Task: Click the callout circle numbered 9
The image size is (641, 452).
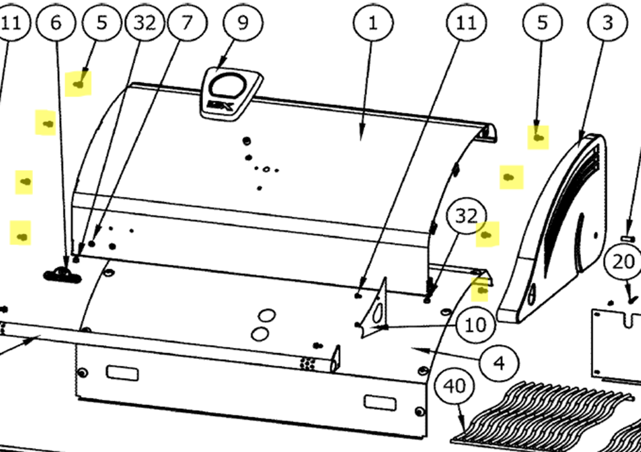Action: (243, 23)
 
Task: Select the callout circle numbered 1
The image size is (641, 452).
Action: (373, 23)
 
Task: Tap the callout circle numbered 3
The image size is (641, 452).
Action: (607, 23)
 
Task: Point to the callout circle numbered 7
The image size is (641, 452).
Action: (187, 23)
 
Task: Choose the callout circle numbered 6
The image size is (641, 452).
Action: (56, 23)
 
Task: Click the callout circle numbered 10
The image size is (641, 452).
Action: (476, 325)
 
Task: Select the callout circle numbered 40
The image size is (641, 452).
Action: (454, 386)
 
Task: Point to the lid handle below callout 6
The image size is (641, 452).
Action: (63, 276)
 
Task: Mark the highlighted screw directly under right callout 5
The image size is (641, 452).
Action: (538, 138)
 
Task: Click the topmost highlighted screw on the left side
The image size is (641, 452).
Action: (79, 84)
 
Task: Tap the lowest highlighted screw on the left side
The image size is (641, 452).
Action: (22, 237)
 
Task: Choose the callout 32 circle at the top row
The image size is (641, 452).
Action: (145, 23)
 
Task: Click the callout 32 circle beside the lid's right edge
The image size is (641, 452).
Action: (466, 216)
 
